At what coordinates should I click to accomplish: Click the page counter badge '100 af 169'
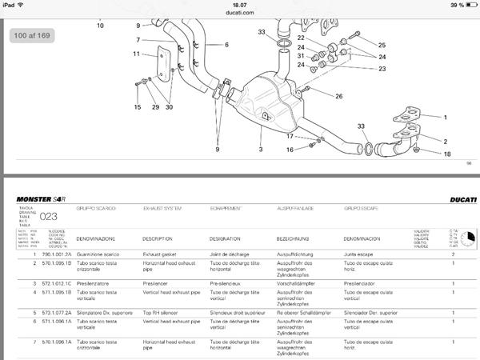[x=31, y=36]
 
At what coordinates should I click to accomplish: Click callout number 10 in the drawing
[x=100, y=26]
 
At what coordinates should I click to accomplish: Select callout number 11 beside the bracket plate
[x=137, y=54]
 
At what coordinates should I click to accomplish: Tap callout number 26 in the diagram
[x=338, y=97]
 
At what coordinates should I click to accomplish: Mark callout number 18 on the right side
[x=447, y=154]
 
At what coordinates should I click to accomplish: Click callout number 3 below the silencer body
[x=260, y=150]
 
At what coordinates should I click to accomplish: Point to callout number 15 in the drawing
[x=138, y=107]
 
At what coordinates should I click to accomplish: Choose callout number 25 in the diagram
[x=382, y=46]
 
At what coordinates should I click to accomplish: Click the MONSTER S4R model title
[x=41, y=198]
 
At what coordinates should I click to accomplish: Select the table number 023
[x=50, y=215]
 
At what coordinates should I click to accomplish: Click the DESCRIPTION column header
[x=158, y=238]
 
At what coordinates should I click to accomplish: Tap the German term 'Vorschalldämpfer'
[x=297, y=283]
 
